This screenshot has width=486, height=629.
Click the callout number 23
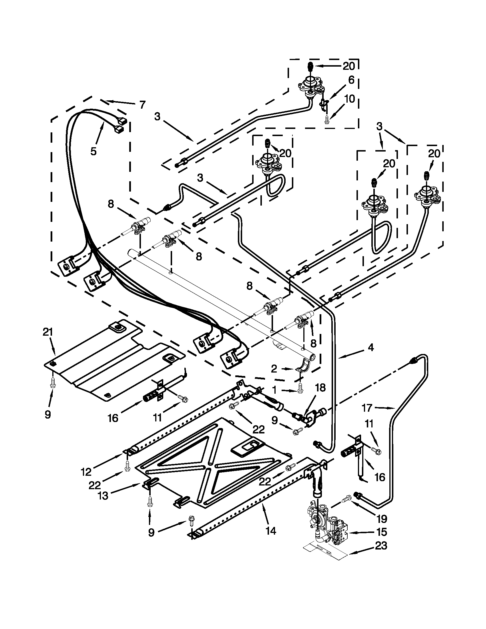[381, 546]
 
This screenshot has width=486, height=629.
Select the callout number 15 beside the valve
[382, 532]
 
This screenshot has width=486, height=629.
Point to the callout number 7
[142, 104]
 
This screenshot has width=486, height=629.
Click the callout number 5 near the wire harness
[93, 151]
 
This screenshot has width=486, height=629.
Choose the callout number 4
[371, 348]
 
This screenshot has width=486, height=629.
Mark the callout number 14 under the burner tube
[271, 530]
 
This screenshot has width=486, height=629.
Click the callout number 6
[351, 80]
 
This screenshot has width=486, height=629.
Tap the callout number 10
[350, 99]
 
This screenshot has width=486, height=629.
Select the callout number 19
[382, 519]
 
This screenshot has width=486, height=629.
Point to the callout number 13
[103, 496]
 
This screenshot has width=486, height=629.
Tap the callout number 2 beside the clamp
[274, 369]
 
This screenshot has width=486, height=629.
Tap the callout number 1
[274, 391]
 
